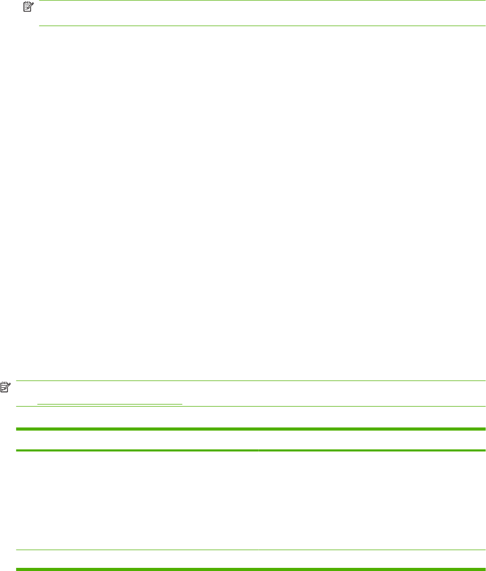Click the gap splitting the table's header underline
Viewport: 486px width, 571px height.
[258, 450]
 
